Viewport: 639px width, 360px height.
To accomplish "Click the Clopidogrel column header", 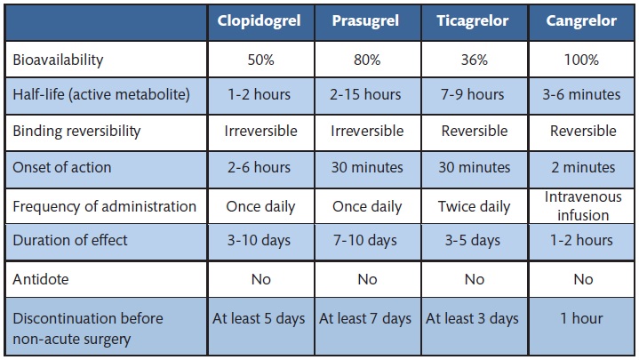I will (260, 21).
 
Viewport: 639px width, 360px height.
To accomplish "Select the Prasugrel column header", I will (367, 21).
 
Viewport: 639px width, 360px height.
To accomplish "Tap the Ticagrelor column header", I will (475, 21).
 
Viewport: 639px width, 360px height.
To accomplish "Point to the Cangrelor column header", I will (582, 21).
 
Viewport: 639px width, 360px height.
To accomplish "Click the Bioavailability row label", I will (58, 60).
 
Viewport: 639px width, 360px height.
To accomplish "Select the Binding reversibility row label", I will (76, 131).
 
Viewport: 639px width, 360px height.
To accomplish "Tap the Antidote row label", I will (41, 279).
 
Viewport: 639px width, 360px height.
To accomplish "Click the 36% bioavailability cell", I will (475, 60).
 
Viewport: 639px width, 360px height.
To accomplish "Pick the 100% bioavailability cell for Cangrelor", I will (582, 60).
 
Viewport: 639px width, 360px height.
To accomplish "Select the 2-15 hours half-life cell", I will (367, 95).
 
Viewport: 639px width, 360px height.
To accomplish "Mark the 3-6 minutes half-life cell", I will (582, 95).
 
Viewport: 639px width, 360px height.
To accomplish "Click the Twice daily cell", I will (475, 206).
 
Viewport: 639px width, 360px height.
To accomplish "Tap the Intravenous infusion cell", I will (582, 206).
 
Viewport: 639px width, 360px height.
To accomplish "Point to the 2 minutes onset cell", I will (582, 167).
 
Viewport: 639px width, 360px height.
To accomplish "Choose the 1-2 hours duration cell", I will (582, 240).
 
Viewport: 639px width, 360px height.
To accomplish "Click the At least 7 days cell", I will (367, 318).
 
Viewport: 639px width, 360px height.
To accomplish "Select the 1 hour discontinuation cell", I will (582, 318).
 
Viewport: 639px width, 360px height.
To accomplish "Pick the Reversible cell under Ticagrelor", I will (475, 131).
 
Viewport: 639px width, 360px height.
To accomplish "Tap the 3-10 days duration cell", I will (260, 240).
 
